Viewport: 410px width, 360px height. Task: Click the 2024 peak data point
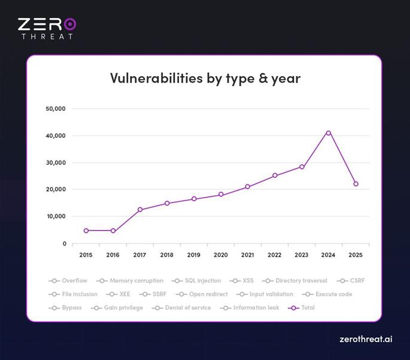329,132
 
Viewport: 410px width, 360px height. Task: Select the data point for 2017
140,210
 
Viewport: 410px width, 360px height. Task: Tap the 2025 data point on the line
356,184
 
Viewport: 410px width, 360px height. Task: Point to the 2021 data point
248,187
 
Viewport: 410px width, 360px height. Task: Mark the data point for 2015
86,231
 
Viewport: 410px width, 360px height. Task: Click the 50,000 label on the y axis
55,109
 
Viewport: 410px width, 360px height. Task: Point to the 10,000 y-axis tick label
55,216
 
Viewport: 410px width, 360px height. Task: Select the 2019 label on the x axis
193,255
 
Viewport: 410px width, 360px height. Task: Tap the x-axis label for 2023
301,255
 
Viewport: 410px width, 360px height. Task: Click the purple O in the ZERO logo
70,24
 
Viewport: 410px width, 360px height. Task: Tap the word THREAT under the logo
47,37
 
